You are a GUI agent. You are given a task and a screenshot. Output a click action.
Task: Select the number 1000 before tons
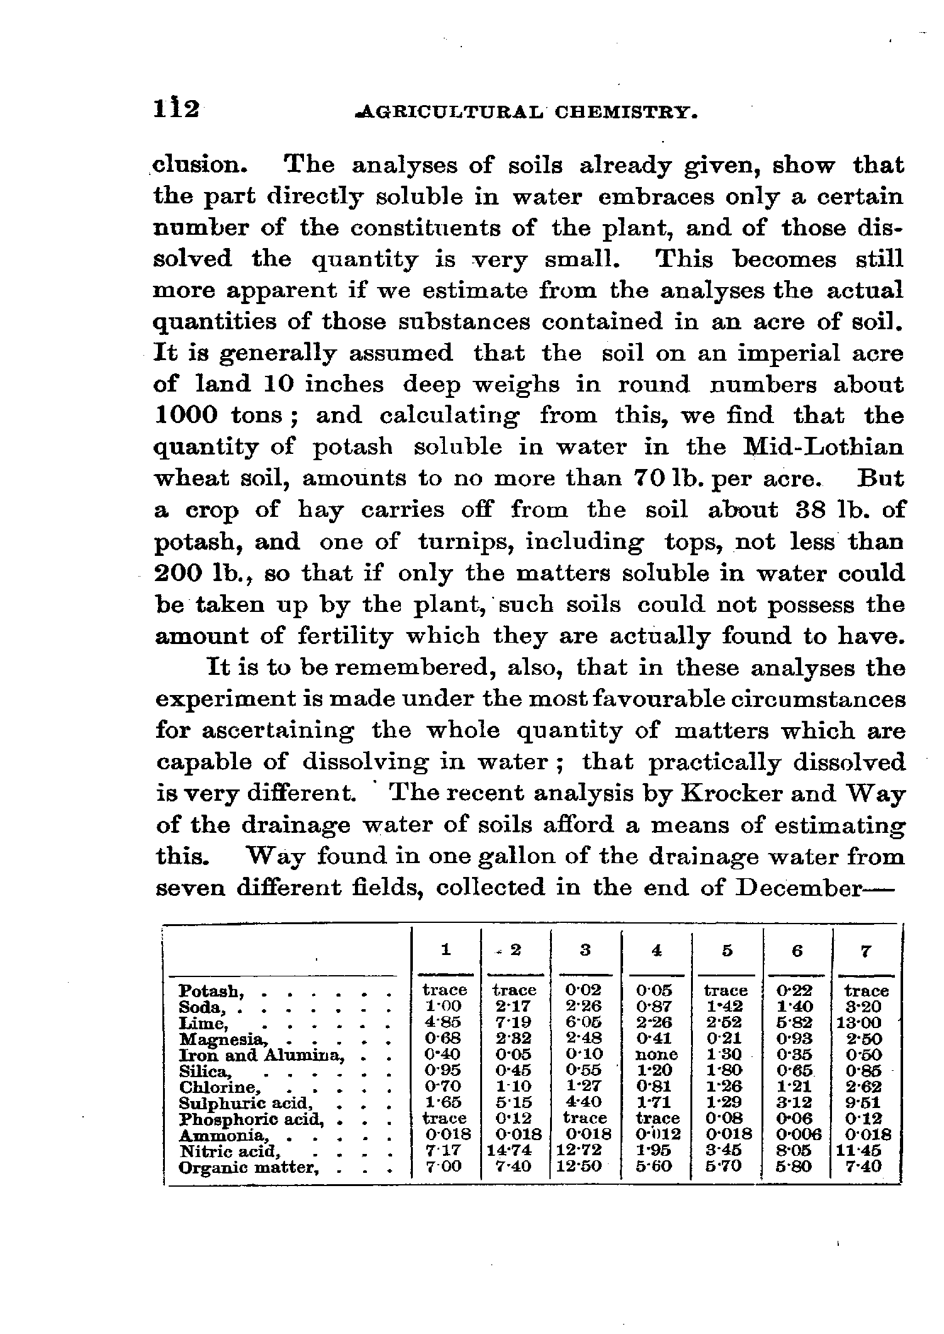pyautogui.click(x=186, y=415)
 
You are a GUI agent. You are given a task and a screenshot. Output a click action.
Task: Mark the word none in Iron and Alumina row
pyautogui.click(x=656, y=1054)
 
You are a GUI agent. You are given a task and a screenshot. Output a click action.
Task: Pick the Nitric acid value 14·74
pyautogui.click(x=509, y=1150)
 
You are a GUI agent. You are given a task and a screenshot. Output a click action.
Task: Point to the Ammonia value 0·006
pyautogui.click(x=798, y=1134)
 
